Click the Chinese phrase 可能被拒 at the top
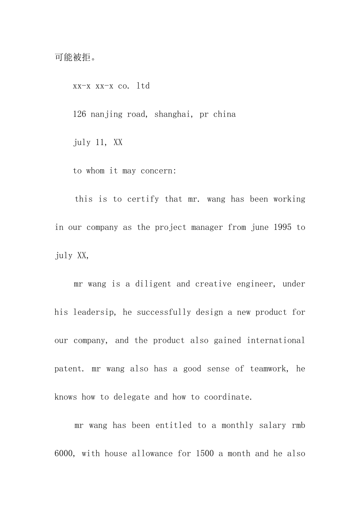point(72,58)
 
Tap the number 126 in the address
point(80,114)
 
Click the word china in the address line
point(224,114)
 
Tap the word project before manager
point(171,228)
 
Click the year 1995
point(282,228)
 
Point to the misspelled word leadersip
point(95,312)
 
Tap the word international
point(276,340)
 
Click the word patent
point(69,369)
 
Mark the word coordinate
point(228,397)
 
